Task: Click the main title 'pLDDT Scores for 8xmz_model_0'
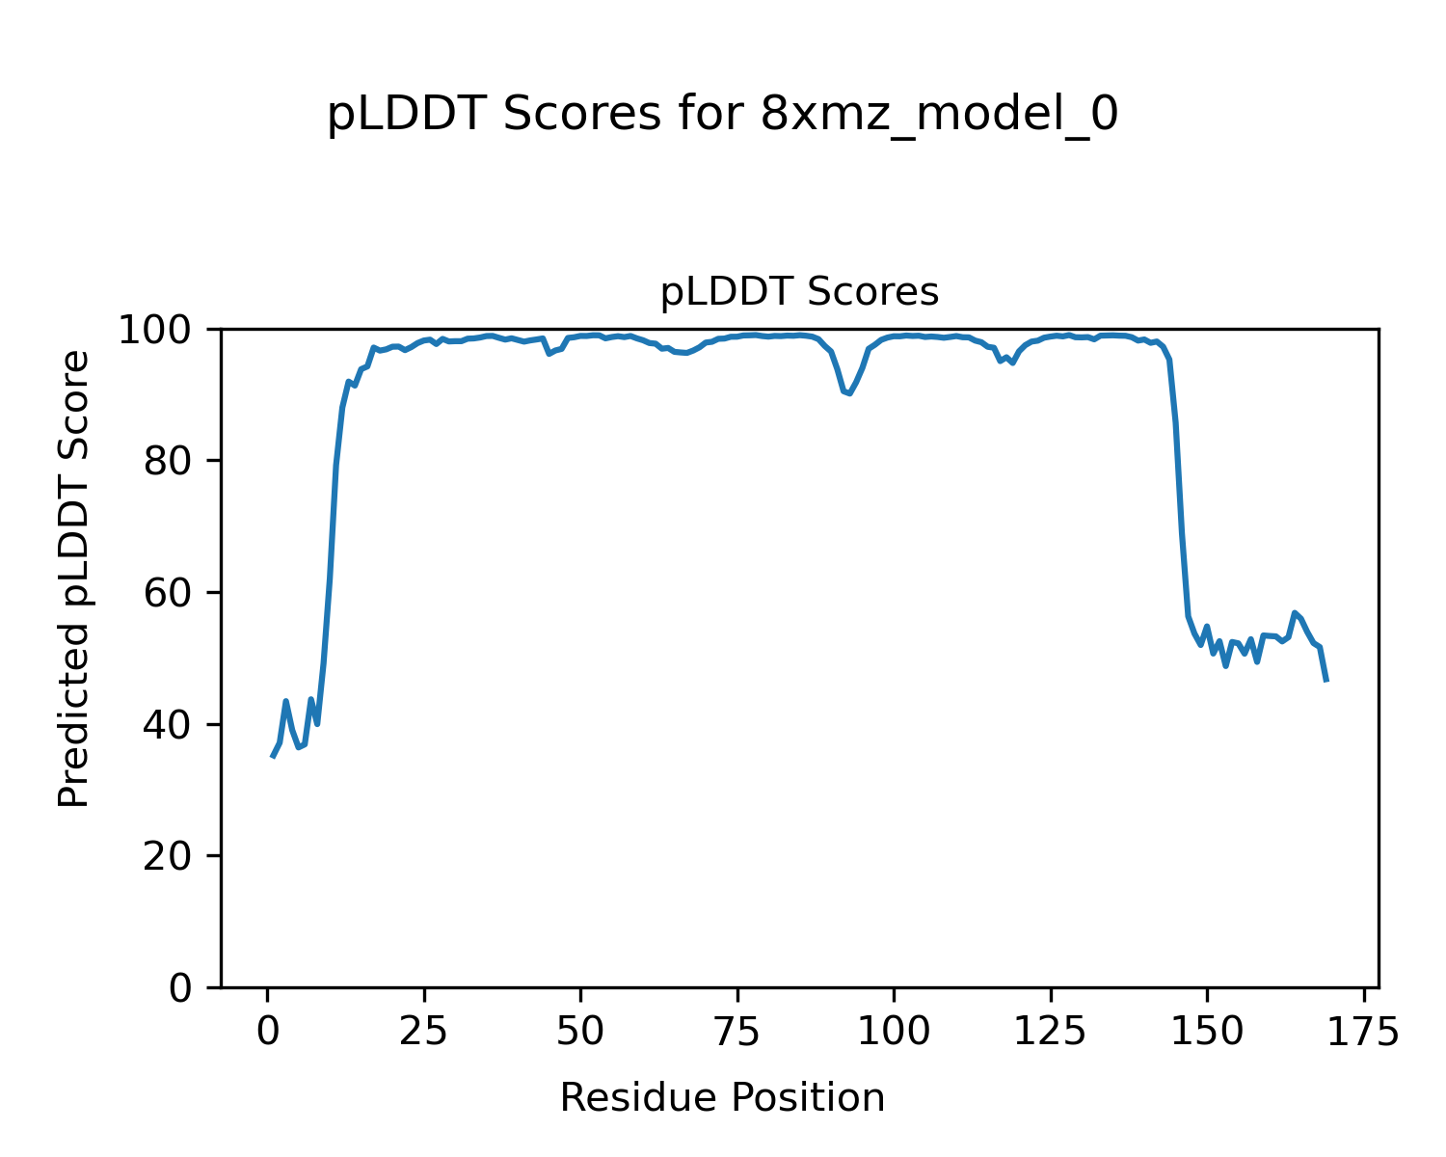point(722,115)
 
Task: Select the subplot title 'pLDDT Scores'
point(799,292)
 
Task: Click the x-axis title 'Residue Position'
point(722,1098)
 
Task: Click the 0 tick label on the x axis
point(267,1033)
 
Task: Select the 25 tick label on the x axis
point(424,1033)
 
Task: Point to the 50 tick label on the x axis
point(580,1033)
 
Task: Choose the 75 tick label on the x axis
point(737,1033)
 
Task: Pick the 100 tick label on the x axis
point(894,1033)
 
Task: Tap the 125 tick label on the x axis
point(1051,1033)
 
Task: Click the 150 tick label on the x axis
point(1207,1033)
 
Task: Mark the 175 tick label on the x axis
point(1364,1033)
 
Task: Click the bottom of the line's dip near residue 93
point(849,393)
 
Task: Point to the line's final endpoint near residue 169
point(1326,681)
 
